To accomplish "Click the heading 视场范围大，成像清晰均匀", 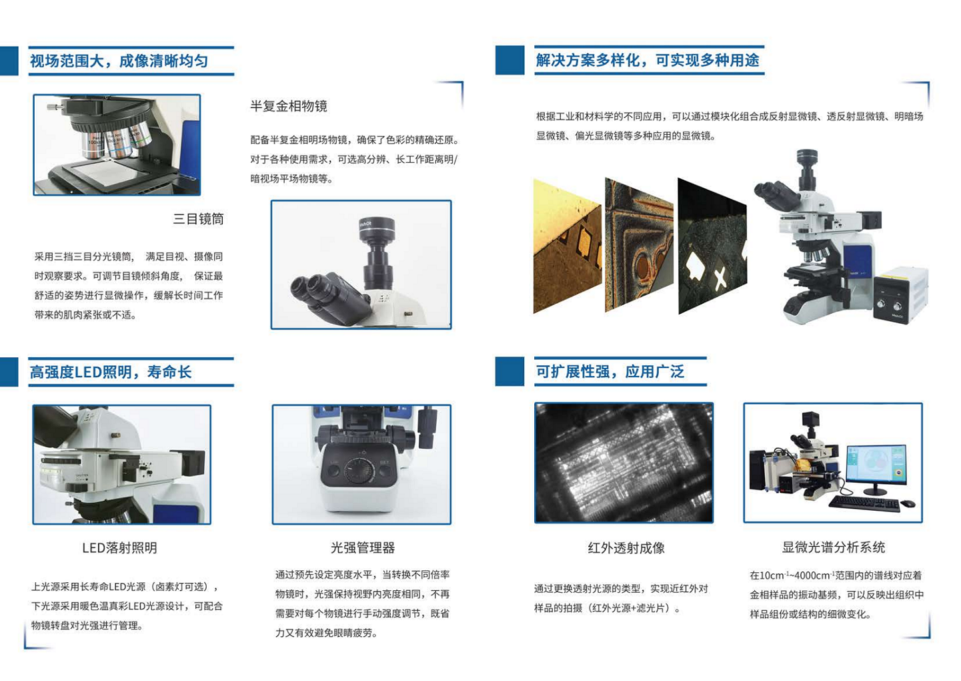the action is click(x=119, y=61).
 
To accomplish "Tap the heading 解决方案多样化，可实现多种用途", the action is click(x=648, y=61).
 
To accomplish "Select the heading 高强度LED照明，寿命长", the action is click(x=111, y=372).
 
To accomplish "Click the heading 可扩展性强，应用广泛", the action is click(x=610, y=371).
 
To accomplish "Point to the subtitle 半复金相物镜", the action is click(x=289, y=106).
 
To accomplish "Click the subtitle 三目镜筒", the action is click(x=198, y=219).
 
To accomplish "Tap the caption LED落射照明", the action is click(x=119, y=548).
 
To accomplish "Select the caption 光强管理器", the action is click(x=363, y=548).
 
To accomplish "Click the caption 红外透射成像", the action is click(x=626, y=548).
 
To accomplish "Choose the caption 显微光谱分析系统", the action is click(x=833, y=547).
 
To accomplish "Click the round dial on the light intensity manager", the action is click(x=358, y=471).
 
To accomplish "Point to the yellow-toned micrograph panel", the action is click(x=567, y=246).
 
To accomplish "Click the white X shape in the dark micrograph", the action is click(x=720, y=277).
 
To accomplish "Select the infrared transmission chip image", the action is click(x=624, y=463).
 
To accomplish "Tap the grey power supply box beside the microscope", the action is click(x=900, y=294).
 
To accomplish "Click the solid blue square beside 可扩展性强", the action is click(x=510, y=371).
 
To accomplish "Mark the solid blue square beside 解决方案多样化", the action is click(x=510, y=60).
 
